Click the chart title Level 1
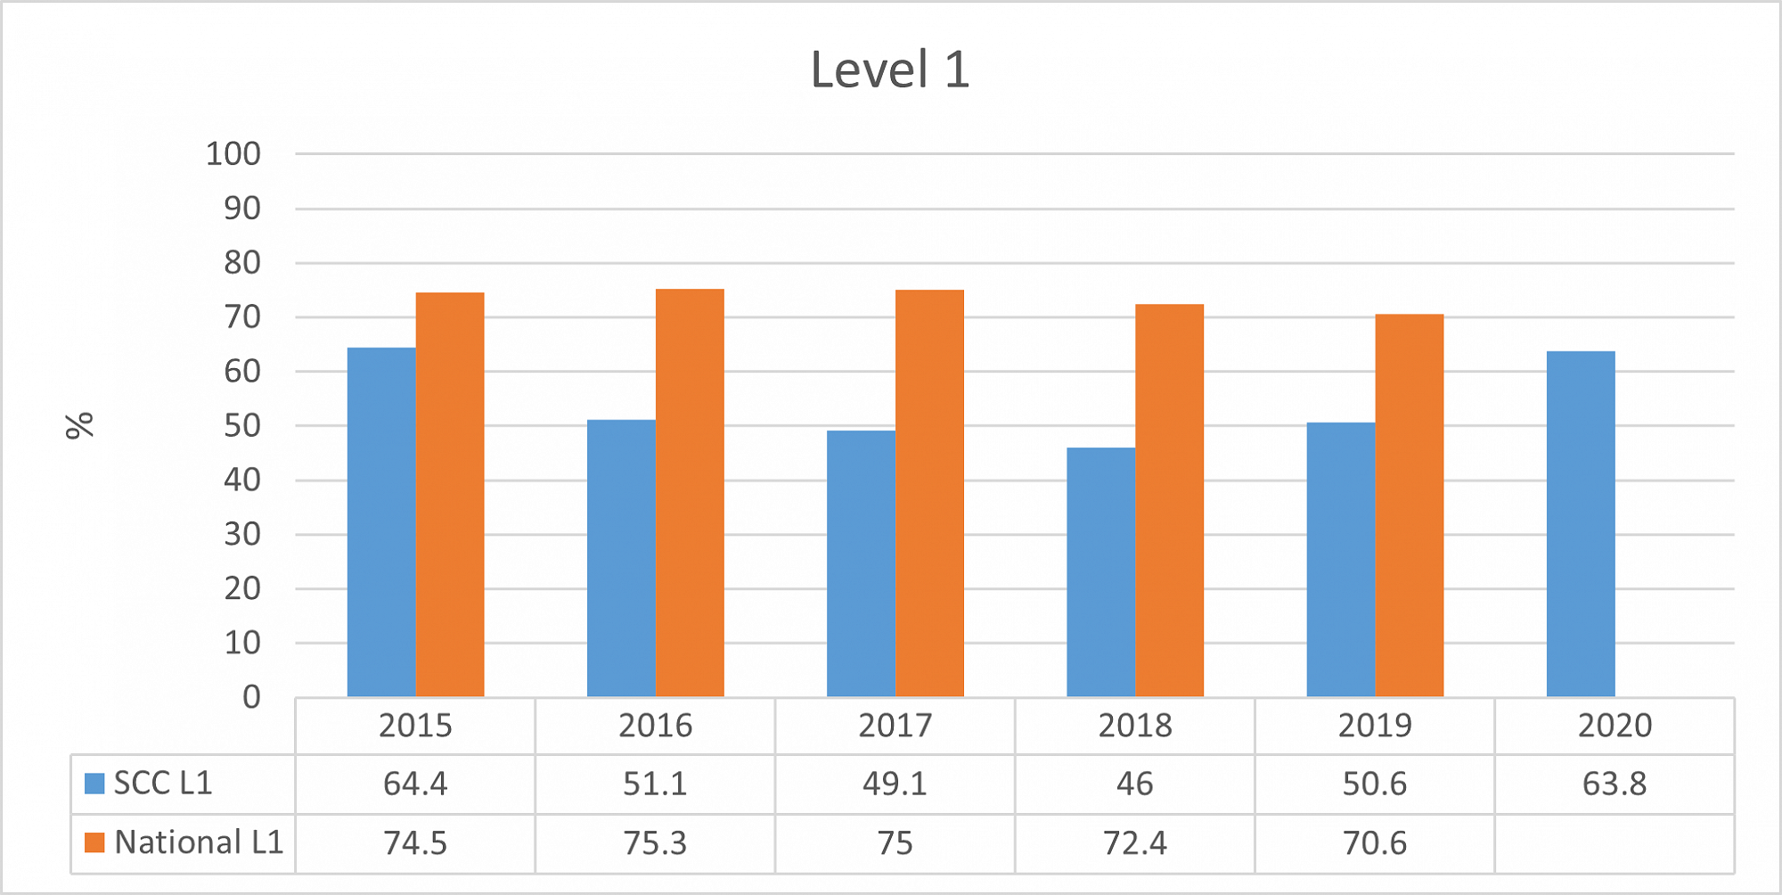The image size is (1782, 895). (889, 70)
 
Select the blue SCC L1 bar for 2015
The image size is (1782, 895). (381, 521)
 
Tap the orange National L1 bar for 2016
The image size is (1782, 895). (690, 493)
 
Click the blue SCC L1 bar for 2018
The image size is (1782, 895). (1100, 571)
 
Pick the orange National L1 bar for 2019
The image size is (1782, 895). (1409, 505)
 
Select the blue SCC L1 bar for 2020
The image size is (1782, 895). (1581, 524)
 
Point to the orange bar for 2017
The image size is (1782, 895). (929, 493)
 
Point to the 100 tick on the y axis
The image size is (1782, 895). (233, 154)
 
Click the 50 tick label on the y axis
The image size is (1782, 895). (242, 426)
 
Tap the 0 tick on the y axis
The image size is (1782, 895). (252, 697)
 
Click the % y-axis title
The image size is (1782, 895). (80, 425)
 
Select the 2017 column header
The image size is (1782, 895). (895, 726)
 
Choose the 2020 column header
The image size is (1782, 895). (1614, 726)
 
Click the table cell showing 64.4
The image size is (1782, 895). (415, 784)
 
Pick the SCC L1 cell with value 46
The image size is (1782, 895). (1134, 784)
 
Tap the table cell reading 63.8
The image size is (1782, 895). (1614, 784)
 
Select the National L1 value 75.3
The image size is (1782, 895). (655, 842)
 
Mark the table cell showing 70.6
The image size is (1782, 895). (1375, 842)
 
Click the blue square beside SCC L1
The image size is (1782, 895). (94, 784)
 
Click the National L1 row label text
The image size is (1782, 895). (199, 842)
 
